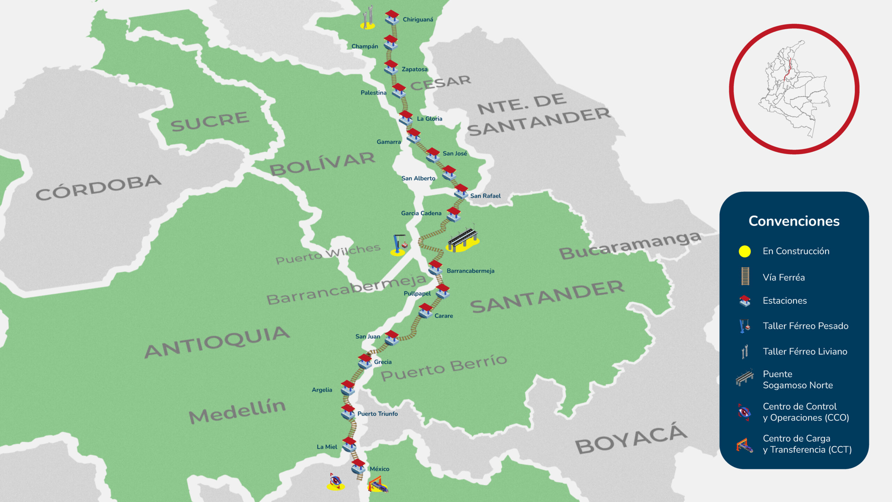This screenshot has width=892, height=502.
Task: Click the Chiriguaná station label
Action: pos(418,20)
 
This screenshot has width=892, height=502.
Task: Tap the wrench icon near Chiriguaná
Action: pos(367,17)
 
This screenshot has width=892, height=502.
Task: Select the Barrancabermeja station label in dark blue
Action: pos(470,271)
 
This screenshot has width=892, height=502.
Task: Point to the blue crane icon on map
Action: pos(399,244)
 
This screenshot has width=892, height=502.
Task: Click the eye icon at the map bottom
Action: pos(336,481)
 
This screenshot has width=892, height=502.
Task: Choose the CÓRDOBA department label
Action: pos(98,187)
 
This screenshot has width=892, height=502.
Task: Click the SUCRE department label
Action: pos(210,121)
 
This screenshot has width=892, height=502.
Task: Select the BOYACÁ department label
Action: pos(631,438)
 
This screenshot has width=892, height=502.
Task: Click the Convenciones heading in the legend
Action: pos(794,221)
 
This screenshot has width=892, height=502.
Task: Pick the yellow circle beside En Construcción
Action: pos(745,251)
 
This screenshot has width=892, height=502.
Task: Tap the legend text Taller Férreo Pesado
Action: pos(805,326)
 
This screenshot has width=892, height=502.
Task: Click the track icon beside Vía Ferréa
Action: pos(745,276)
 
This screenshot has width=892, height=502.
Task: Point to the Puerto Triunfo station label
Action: pos(377,414)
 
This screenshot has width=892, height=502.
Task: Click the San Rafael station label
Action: pos(485,196)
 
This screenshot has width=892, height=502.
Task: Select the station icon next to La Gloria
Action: pos(406,117)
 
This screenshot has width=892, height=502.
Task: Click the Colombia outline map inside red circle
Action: pos(794,89)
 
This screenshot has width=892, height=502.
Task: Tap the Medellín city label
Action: pos(237,411)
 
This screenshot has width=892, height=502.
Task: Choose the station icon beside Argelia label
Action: pos(347,387)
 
